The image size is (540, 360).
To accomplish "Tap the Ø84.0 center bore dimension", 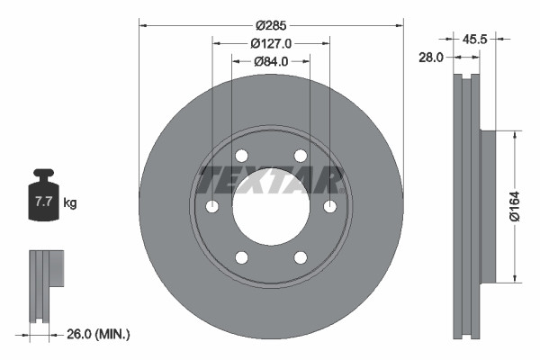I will pos(271,61).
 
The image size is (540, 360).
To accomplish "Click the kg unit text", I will pos(69,203).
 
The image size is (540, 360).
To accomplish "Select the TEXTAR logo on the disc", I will pos(271,179).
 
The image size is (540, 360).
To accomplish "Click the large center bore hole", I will pos(271,206).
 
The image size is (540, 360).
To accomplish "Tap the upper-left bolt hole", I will pos(242,156).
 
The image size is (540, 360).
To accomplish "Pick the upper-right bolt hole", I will pos(300,156).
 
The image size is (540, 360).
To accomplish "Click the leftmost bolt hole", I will pos(212,207).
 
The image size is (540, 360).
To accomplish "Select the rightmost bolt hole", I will pos(329,207).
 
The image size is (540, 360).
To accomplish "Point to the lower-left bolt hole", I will pos(242,258).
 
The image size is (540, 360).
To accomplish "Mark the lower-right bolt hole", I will pos(300,258).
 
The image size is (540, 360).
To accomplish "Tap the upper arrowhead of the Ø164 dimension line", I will pos(514,136).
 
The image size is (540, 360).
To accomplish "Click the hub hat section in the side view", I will pos(488,206).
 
